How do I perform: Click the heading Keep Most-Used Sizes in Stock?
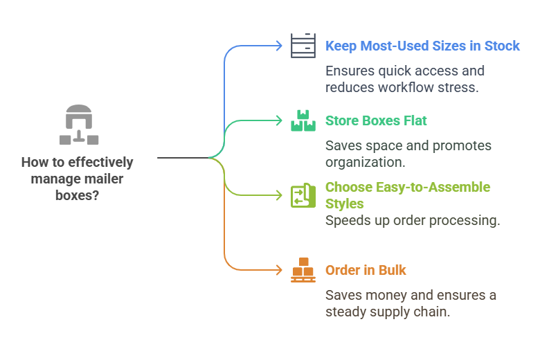(422, 46)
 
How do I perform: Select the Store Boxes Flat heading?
(376, 121)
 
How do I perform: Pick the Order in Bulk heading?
(366, 270)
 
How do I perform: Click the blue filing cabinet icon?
(303, 46)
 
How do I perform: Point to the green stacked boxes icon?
(303, 120)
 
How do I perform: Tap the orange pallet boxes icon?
(303, 270)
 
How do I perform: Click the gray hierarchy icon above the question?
(78, 125)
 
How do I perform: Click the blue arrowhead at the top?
(279, 46)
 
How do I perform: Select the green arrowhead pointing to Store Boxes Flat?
(279, 120)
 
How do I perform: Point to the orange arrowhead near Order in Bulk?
(279, 270)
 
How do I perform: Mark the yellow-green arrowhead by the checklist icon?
(279, 195)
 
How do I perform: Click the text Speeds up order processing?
(413, 221)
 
